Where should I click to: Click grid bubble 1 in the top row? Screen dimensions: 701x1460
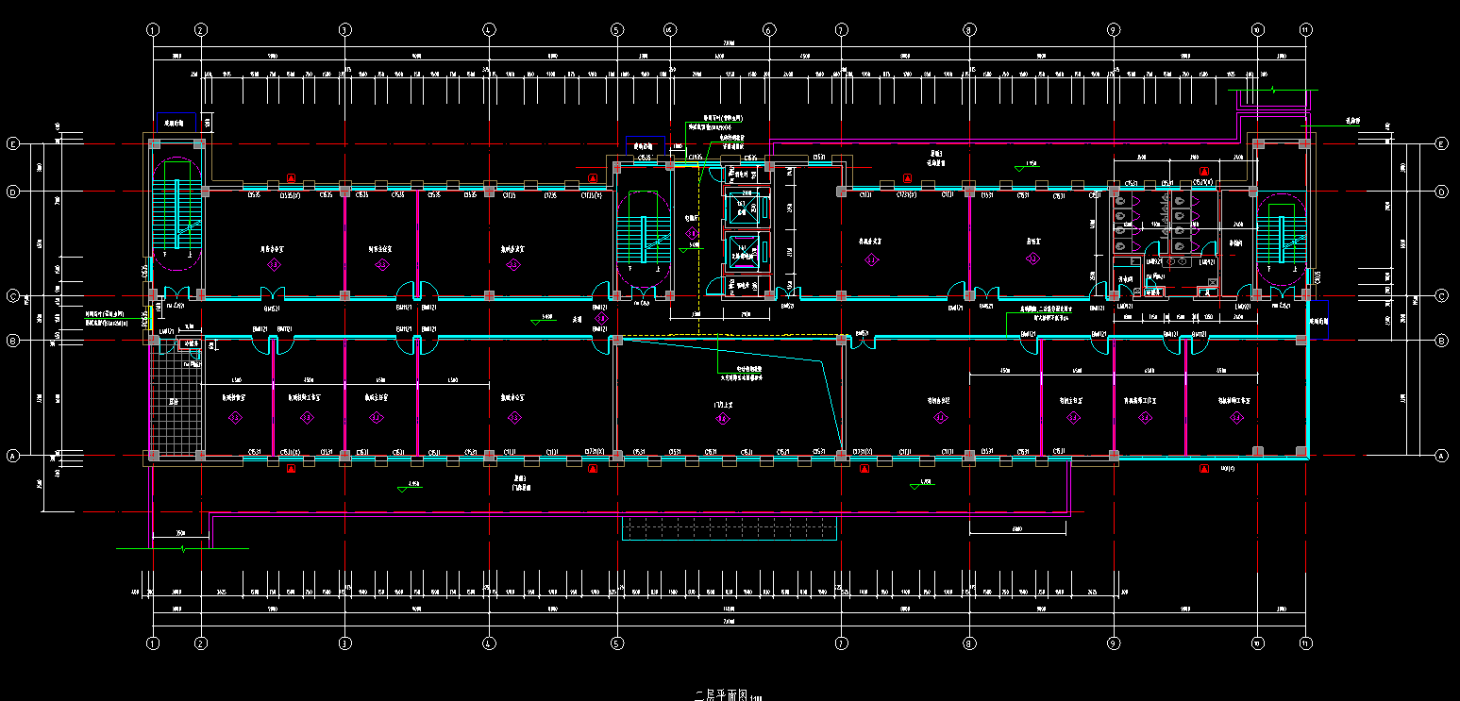pos(153,30)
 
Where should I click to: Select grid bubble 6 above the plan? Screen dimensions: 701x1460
pos(768,30)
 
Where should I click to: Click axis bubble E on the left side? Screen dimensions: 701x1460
pos(13,144)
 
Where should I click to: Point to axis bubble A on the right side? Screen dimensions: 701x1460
pos(1441,456)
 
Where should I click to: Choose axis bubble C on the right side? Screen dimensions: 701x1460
pos(1441,295)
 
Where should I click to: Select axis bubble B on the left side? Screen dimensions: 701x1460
pos(13,340)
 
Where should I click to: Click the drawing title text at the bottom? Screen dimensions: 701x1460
pos(722,695)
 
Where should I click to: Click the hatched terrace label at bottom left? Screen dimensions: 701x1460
pos(174,402)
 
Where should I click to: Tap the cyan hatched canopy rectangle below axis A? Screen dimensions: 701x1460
pos(729,528)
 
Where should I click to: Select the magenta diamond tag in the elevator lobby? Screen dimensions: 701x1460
pos(692,232)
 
